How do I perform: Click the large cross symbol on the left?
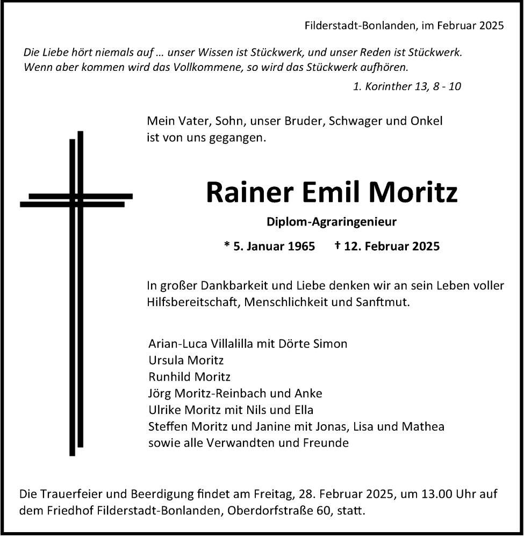pyautogui.click(x=76, y=293)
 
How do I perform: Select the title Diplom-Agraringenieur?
pyautogui.click(x=332, y=221)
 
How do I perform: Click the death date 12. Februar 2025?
pyautogui.click(x=391, y=246)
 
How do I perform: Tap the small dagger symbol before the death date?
pyautogui.click(x=337, y=245)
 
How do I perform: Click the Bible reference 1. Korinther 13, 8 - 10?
pyautogui.click(x=407, y=86)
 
